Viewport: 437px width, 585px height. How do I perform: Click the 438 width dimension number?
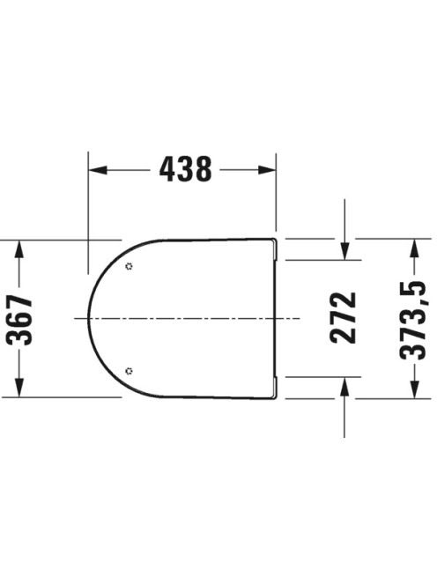click(x=185, y=169)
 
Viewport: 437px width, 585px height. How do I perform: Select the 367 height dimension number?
click(x=20, y=319)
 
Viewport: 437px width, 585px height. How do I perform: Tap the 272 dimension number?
click(x=343, y=318)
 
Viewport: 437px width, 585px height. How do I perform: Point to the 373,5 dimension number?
click(x=412, y=320)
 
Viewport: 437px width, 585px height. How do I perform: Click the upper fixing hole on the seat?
click(x=130, y=266)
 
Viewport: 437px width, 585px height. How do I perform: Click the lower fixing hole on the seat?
click(x=130, y=371)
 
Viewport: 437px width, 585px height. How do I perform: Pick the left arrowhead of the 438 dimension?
click(x=98, y=170)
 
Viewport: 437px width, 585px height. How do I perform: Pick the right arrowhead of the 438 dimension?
click(x=267, y=170)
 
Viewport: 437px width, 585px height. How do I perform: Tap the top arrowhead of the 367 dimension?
click(x=19, y=249)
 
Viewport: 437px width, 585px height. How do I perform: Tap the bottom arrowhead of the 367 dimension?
click(x=19, y=388)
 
